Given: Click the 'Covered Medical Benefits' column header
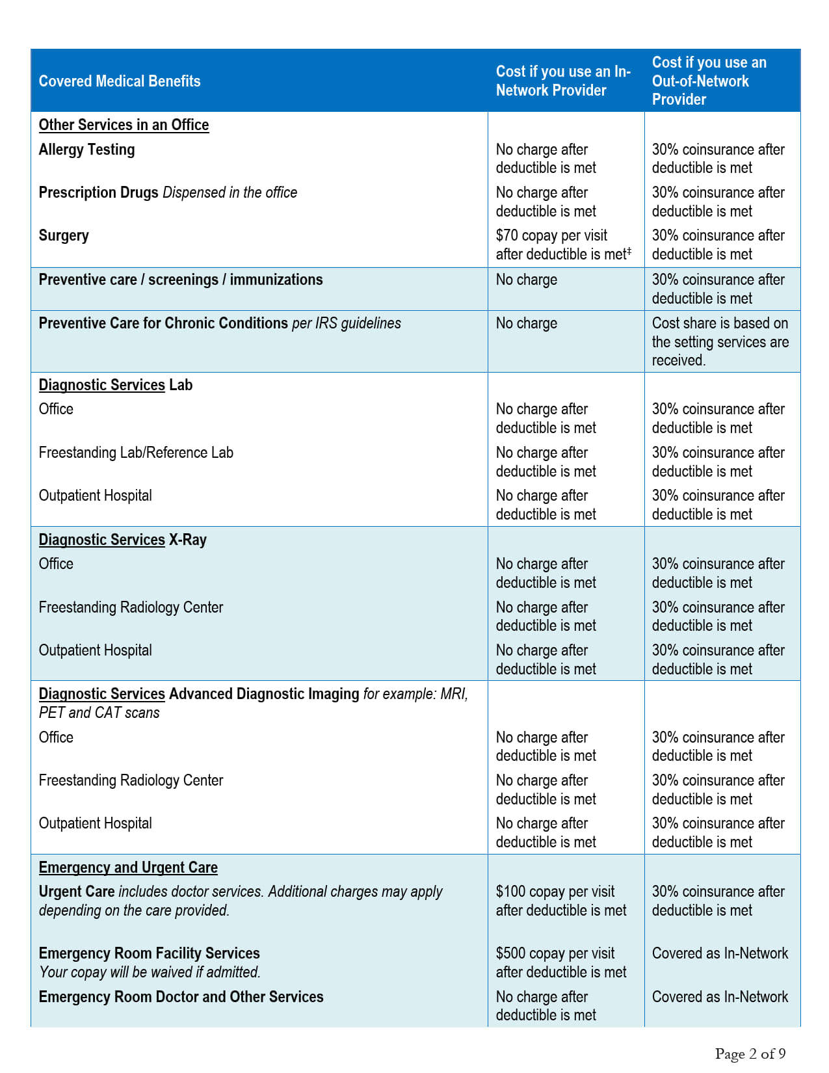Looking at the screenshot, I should (120, 81).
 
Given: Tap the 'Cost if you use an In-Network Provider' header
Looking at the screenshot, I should (563, 81).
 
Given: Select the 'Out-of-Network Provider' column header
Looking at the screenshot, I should (709, 81).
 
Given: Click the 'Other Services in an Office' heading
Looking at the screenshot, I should (124, 125).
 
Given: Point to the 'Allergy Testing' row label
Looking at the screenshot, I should (87, 150).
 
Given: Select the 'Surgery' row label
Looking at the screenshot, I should (64, 235).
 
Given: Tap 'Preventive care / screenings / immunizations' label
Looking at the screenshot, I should (181, 280).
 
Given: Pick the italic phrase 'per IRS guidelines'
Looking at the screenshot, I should (347, 323).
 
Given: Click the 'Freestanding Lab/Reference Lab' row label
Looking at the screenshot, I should (136, 453).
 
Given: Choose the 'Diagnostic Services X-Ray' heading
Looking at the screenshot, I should (122, 540).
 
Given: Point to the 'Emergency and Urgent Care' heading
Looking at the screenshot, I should (128, 868).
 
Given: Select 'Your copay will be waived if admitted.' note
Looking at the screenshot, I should (150, 972).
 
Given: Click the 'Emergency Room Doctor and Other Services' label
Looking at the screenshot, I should (181, 997).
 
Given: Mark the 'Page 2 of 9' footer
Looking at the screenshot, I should (750, 1053).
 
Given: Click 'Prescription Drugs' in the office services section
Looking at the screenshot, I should (99, 192).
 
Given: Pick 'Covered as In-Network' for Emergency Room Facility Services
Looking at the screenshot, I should (720, 953).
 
